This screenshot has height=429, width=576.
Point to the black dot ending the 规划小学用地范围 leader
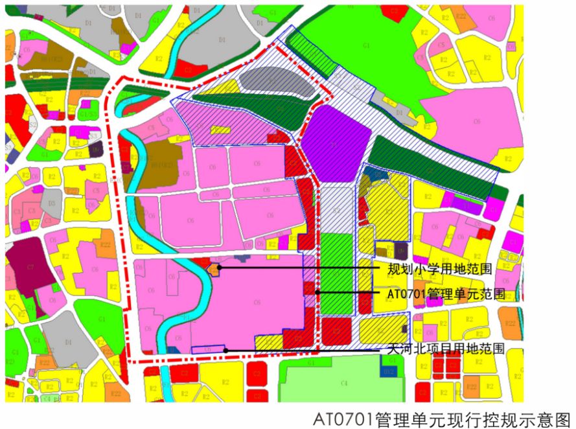pyautogui.click(x=220, y=267)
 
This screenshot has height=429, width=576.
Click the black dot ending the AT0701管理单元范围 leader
pyautogui.click(x=317, y=292)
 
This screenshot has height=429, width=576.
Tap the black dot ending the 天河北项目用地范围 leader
pyautogui.click(x=225, y=351)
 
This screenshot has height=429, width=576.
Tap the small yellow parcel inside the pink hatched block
pyautogui.click(x=220, y=130)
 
